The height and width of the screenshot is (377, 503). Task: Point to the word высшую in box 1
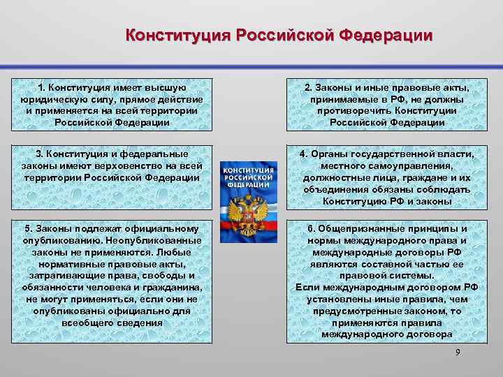point(167,88)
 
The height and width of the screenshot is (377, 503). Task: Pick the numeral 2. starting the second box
point(309,88)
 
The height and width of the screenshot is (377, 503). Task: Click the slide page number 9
point(458,352)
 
